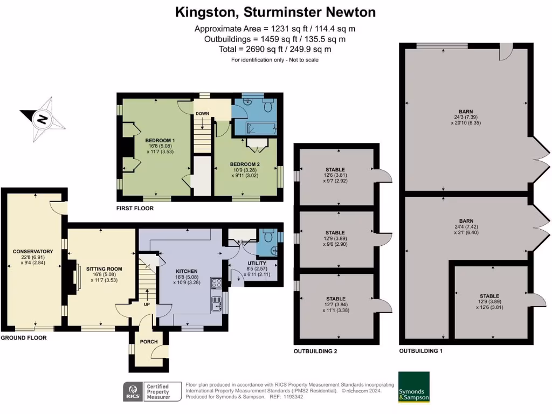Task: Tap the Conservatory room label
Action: coord(32,251)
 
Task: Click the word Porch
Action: coord(148,341)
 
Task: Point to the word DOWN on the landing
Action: coord(202,114)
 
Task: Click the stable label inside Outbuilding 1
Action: coord(489,296)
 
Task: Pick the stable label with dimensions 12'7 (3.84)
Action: coord(335,299)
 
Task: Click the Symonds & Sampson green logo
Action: coord(413,387)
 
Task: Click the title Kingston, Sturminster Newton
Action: coord(276,12)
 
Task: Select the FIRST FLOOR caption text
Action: coord(135,208)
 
